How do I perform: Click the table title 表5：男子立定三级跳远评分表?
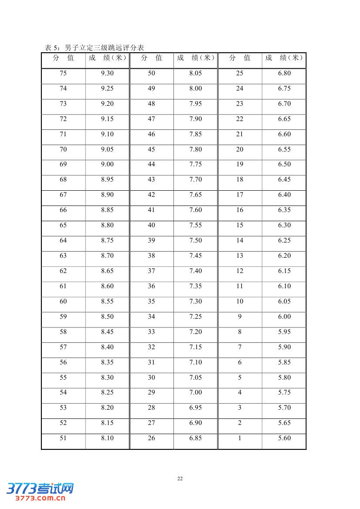point(94,47)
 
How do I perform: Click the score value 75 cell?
point(63,73)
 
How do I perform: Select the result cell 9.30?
point(107,73)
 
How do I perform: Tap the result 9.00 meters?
point(107,165)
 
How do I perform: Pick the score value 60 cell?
point(63,301)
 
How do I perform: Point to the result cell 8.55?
point(107,301)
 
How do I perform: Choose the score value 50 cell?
point(151,73)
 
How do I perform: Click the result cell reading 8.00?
point(196,88)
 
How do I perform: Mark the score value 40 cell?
point(151,225)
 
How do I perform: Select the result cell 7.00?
point(196,392)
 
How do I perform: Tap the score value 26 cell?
point(151,438)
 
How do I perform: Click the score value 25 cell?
point(240,73)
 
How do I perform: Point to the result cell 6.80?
point(284,73)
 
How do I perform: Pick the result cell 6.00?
point(284,317)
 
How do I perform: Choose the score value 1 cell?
point(240,438)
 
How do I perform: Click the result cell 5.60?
point(284,438)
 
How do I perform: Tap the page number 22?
point(180,479)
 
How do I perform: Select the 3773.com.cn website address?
point(40,498)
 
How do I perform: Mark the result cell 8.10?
point(107,438)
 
